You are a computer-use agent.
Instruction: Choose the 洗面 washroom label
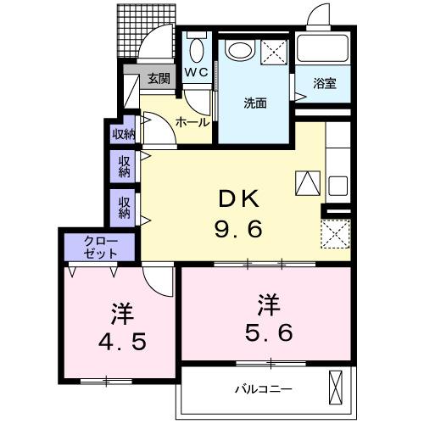[256, 103]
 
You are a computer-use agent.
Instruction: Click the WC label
[197, 73]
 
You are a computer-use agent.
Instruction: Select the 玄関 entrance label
[159, 80]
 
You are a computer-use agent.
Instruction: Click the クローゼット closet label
[101, 247]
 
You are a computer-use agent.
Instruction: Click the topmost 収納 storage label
[123, 133]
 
